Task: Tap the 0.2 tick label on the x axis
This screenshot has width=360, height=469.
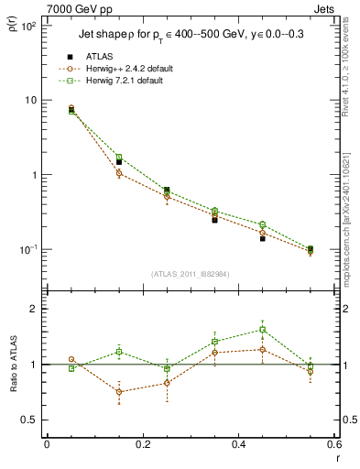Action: (x=142, y=445)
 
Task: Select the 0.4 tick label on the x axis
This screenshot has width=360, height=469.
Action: (x=238, y=445)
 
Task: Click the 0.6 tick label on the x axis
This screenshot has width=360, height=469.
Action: (x=333, y=445)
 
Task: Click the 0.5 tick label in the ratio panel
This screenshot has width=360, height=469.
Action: (x=29, y=420)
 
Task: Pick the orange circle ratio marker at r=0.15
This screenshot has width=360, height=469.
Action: (x=119, y=392)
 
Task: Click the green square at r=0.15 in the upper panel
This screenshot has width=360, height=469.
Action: (x=119, y=158)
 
